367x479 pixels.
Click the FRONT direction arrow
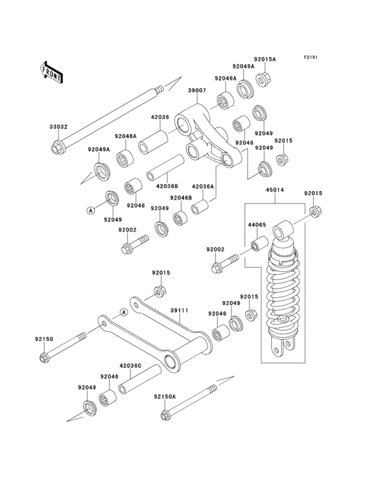click(51, 72)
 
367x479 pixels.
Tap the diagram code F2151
click(310, 57)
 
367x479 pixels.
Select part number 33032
click(58, 126)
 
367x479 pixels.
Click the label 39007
click(197, 90)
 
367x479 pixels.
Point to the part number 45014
click(275, 190)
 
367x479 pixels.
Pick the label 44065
click(257, 225)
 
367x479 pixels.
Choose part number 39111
click(180, 310)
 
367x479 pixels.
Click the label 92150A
click(165, 397)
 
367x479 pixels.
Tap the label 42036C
click(130, 365)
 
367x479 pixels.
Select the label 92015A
click(265, 60)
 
